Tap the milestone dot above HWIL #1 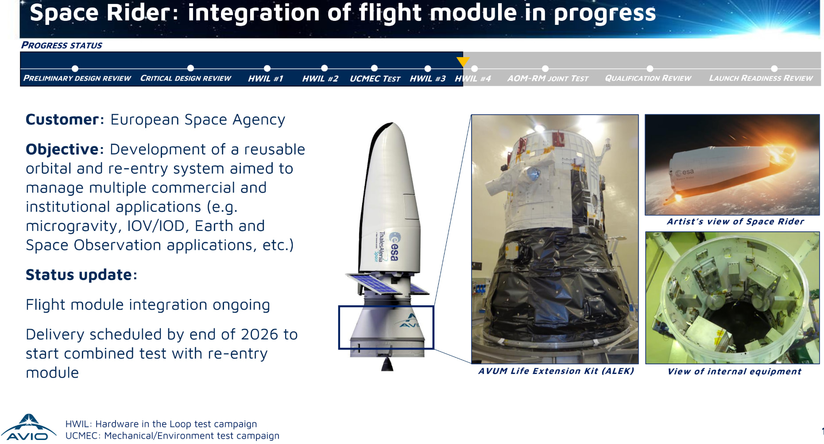267,68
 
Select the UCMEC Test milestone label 375,78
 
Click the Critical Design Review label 186,78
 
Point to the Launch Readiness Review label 761,78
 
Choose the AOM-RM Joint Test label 548,78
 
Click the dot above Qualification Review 650,69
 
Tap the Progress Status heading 62,45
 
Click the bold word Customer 62,120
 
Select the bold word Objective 62,150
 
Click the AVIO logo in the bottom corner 28,427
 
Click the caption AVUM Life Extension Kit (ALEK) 556,371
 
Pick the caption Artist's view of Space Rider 735,222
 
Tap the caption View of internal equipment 734,372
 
